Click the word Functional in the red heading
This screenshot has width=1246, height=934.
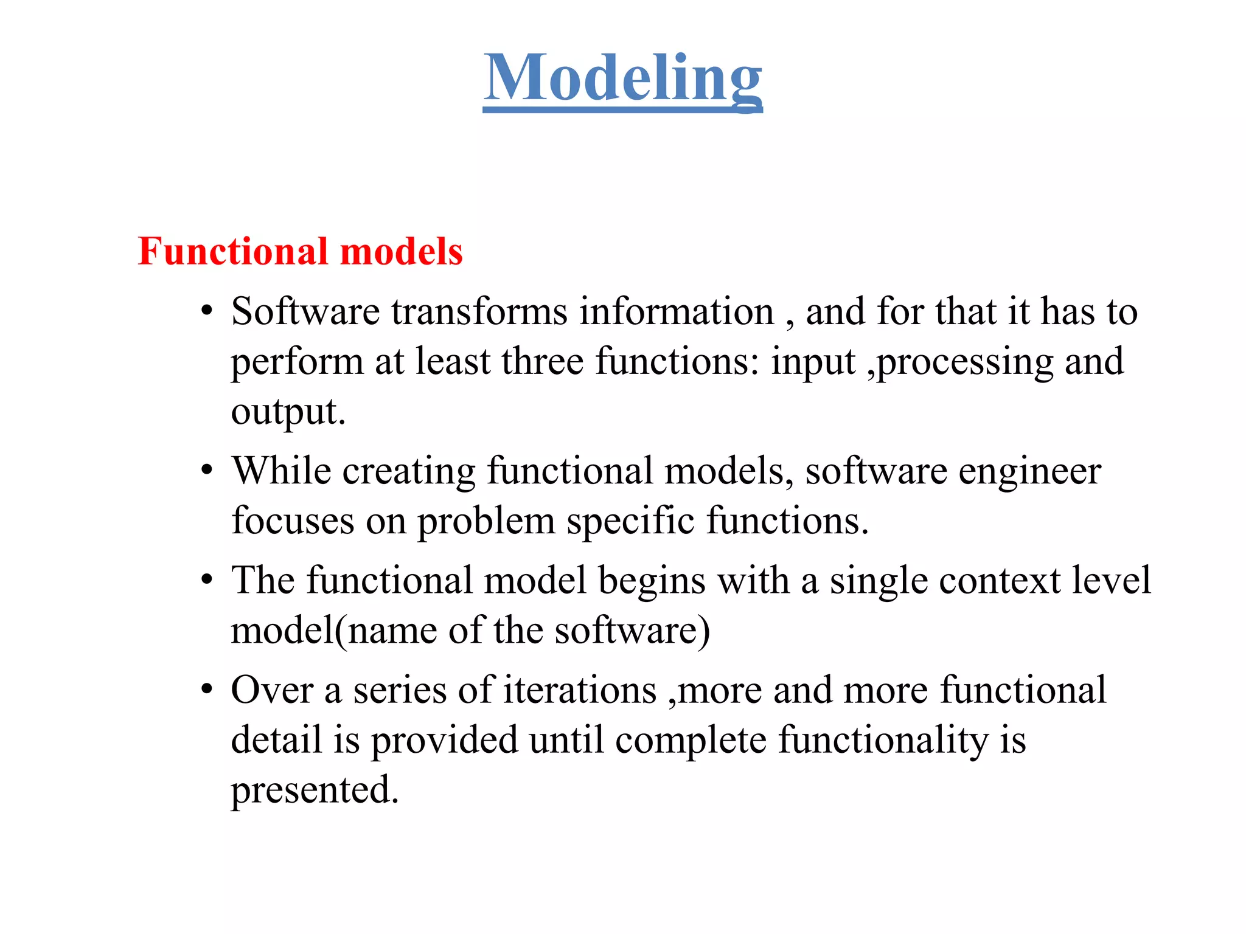[234, 251]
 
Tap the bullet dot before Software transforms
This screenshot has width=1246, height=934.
[207, 311]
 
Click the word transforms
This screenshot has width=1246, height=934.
[479, 311]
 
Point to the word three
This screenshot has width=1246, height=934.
[543, 361]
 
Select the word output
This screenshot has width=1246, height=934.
[287, 412]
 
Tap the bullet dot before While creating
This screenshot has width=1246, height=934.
[207, 471]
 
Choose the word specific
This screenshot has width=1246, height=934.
[630, 522]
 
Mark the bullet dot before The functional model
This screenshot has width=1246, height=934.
[207, 580]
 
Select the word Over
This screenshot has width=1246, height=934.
[271, 690]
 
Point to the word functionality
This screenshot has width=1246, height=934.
[883, 741]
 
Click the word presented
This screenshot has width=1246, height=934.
[314, 790]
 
